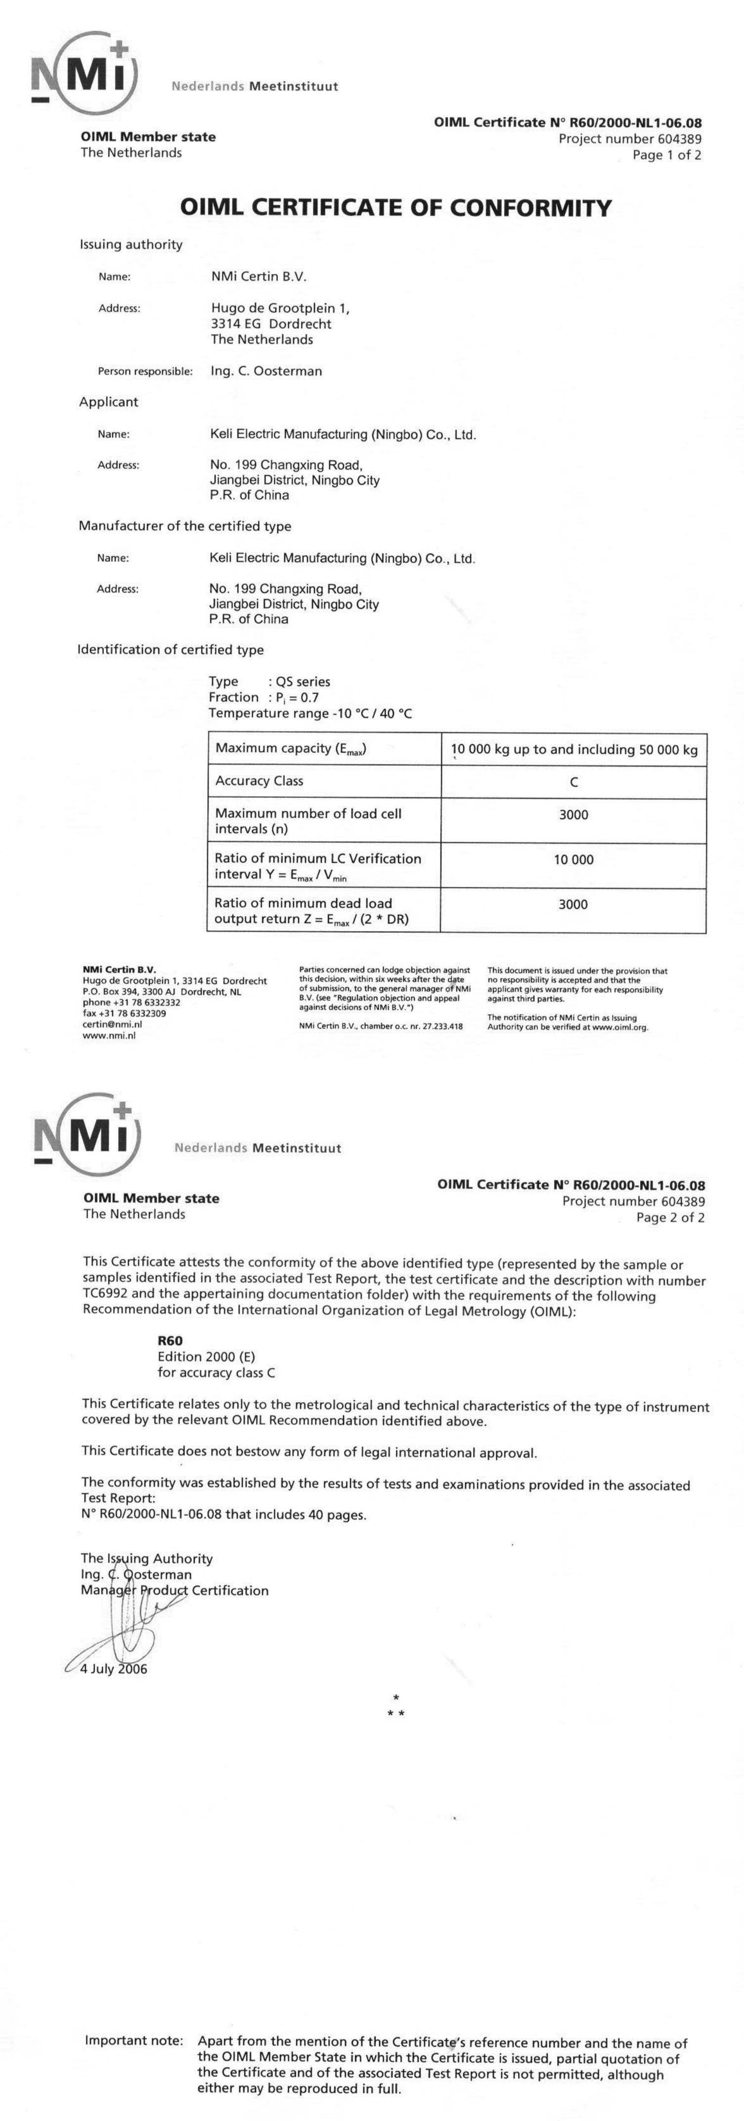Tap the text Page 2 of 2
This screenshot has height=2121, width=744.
pyautogui.click(x=670, y=1218)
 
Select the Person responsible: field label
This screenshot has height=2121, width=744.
pyautogui.click(x=145, y=371)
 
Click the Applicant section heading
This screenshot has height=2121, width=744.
pyautogui.click(x=109, y=402)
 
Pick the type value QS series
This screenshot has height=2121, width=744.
pyautogui.click(x=303, y=682)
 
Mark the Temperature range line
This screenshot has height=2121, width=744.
pyautogui.click(x=310, y=713)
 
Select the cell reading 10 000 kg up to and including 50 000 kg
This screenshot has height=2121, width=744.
pyautogui.click(x=573, y=749)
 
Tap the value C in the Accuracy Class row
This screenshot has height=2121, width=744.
pyautogui.click(x=573, y=782)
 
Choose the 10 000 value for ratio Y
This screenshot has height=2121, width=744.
pyautogui.click(x=573, y=860)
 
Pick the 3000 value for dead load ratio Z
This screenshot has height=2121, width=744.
pyautogui.click(x=573, y=904)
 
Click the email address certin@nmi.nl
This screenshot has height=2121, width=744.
pyautogui.click(x=112, y=1024)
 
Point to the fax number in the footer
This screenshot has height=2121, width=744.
pyautogui.click(x=124, y=1014)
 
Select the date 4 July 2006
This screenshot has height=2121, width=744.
pyautogui.click(x=114, y=1670)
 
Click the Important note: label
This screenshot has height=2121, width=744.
pyautogui.click(x=134, y=2041)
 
